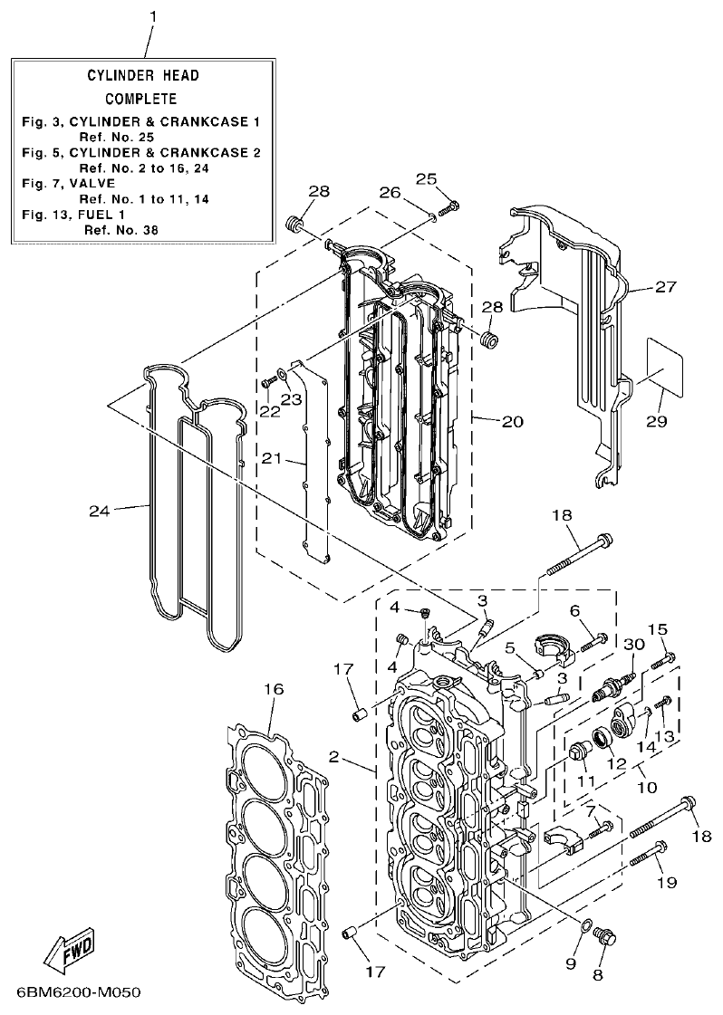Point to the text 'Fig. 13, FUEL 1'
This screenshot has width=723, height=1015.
pyautogui.click(x=73, y=215)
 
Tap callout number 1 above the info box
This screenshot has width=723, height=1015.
pyautogui.click(x=152, y=15)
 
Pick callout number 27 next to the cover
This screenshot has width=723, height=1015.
pyautogui.click(x=666, y=288)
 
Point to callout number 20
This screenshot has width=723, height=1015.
pyautogui.click(x=512, y=422)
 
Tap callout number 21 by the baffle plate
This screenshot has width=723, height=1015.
pyautogui.click(x=273, y=458)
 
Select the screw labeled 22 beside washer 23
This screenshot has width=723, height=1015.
pyautogui.click(x=268, y=383)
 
